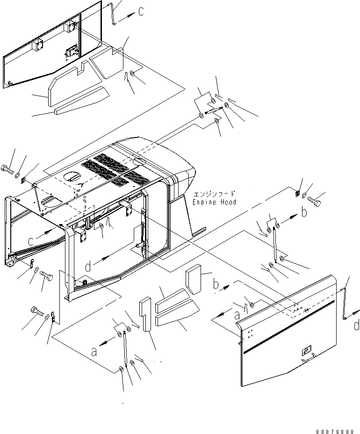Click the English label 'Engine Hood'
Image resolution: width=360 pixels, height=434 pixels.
click(215, 202)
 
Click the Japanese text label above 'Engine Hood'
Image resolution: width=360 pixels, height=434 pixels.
click(215, 194)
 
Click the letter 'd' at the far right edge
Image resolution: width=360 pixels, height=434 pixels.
click(356, 325)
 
